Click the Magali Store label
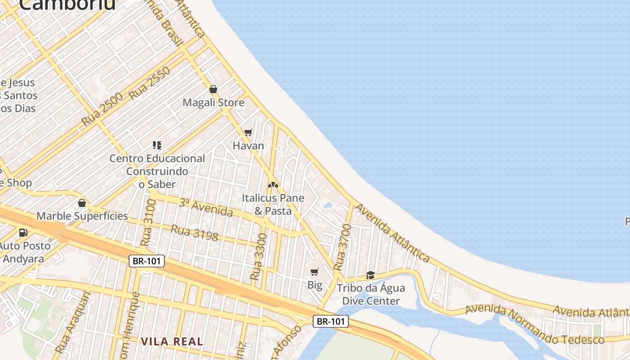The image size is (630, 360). point(213,103)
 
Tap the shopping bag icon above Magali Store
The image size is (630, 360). point(213,89)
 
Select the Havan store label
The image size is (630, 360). point(248,146)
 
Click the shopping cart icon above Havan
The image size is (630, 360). point(248,133)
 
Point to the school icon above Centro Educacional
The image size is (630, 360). point(157,145)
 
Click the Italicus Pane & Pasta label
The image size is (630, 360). point(273,204)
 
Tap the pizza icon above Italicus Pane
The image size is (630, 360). point(273,184)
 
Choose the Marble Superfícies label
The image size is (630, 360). point(82,216)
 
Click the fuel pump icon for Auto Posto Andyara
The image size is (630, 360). point(23,233)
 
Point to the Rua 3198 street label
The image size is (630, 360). point(194,233)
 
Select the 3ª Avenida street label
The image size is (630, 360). point(206,207)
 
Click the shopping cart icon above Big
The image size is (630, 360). point(315,272)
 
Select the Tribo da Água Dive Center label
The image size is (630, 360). point(371,294)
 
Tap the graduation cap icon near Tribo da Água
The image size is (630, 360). point(370,275)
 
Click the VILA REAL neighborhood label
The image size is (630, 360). point(172,341)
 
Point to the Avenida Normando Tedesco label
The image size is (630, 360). point(535,325)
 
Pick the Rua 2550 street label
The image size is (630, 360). point(149,83)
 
